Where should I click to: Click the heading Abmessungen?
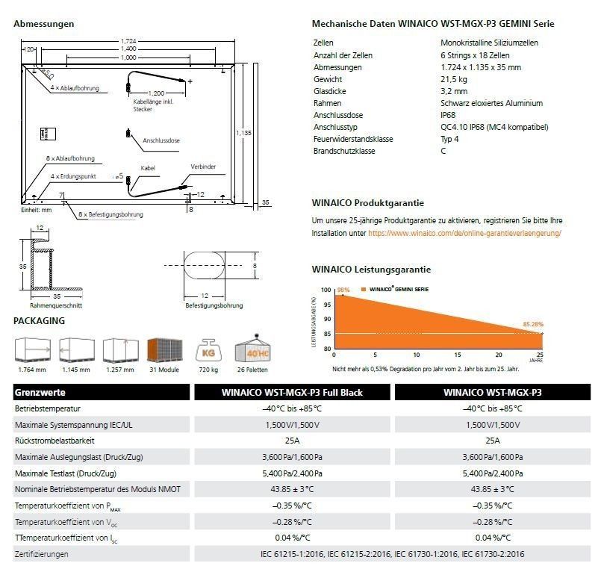click(44, 24)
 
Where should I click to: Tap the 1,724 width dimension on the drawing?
click(129, 40)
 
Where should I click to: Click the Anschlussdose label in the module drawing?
click(161, 140)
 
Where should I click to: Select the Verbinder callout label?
click(202, 167)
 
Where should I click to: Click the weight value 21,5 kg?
click(454, 79)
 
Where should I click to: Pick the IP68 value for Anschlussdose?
click(448, 115)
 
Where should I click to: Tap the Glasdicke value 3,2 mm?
click(452, 91)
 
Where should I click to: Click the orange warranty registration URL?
click(464, 233)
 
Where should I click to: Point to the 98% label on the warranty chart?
click(343, 290)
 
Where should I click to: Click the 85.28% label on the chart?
click(532, 325)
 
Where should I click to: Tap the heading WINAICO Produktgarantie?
click(367, 202)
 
